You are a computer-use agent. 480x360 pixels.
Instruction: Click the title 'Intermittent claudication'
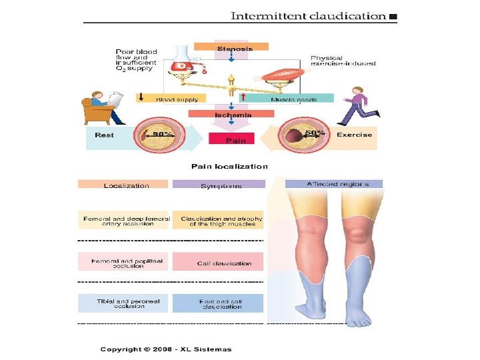308,15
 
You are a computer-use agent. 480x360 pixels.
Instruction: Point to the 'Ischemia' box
232,114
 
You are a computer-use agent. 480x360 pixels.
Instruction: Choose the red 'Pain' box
231,139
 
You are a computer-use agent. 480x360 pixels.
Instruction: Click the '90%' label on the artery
163,134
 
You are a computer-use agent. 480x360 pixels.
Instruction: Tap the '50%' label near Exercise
315,133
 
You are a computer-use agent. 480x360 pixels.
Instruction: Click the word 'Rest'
104,135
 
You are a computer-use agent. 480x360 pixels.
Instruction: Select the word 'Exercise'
354,135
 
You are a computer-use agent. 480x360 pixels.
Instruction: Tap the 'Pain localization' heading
229,167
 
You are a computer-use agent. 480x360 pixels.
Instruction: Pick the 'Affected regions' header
337,183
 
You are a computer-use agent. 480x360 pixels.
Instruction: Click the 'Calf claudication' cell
224,263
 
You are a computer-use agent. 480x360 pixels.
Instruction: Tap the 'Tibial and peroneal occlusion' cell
124,303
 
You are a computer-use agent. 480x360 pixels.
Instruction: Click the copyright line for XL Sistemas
166,349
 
